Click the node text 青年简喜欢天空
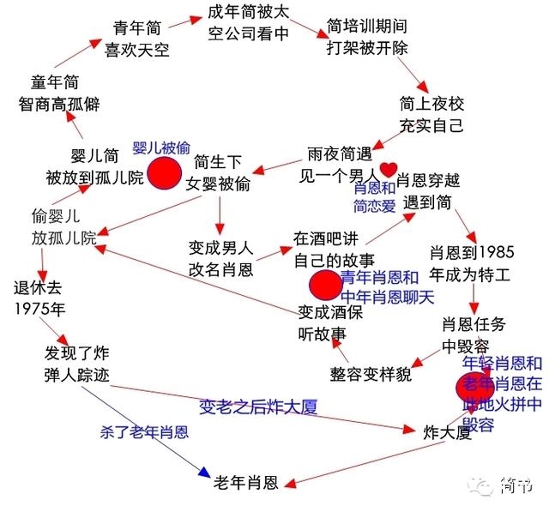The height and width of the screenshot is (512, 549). [x=137, y=39]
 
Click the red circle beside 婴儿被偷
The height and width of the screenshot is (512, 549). [x=164, y=172]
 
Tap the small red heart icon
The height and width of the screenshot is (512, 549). [x=389, y=169]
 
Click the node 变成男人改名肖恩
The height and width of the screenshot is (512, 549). [x=220, y=258]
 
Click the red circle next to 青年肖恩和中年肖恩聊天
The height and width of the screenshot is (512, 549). [x=324, y=285]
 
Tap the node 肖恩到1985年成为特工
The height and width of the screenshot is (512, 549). [x=472, y=263]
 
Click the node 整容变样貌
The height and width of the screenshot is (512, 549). [x=371, y=374]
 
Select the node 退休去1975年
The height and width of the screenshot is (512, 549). [x=39, y=297]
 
